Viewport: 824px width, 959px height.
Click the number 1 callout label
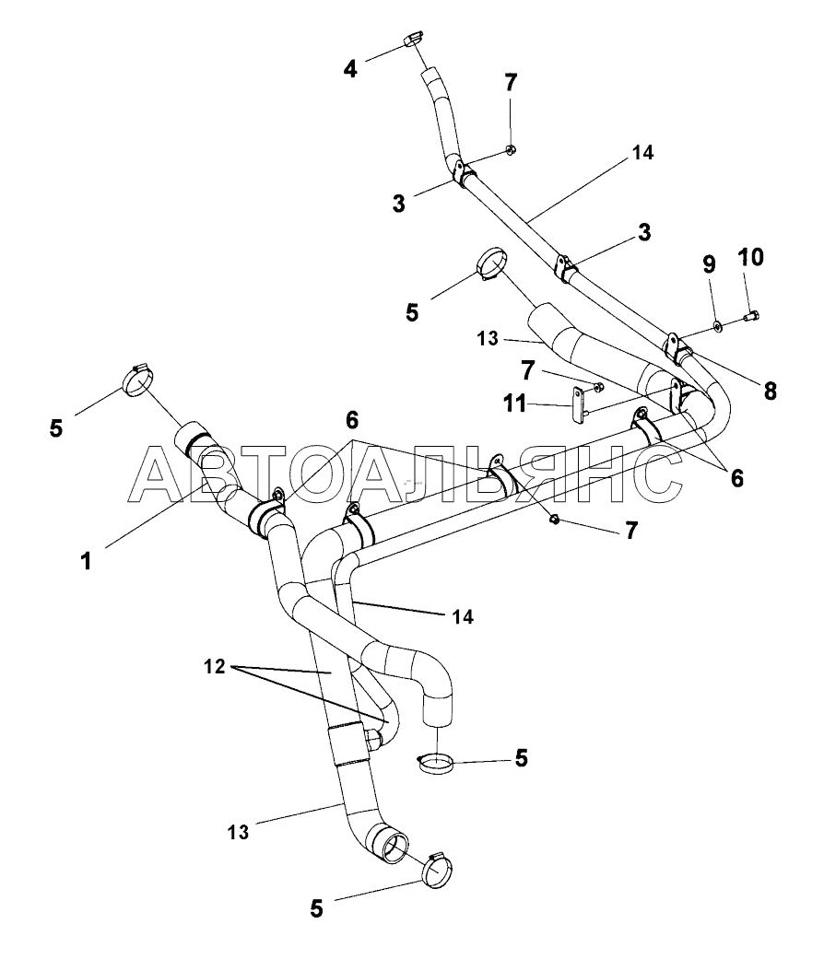(x=86, y=560)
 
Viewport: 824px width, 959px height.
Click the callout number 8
(x=769, y=391)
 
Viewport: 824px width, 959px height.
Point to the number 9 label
(x=709, y=266)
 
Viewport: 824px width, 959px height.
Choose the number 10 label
(x=750, y=257)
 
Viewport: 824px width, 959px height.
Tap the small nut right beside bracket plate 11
(x=599, y=387)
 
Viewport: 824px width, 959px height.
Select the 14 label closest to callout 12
(x=463, y=616)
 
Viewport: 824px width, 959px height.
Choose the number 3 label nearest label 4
(x=399, y=203)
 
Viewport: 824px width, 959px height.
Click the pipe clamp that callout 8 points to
(x=678, y=348)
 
